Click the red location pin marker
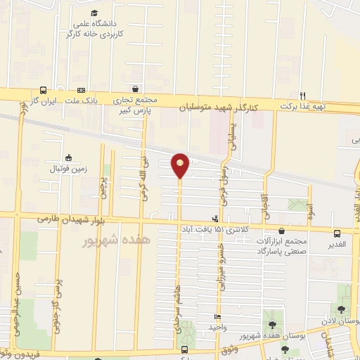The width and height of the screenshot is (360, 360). tap(180, 165)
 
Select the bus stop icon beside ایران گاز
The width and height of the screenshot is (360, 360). tap(44, 91)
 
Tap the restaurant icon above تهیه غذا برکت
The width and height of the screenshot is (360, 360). tap(303, 96)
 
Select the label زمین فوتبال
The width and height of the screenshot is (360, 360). tap(68, 169)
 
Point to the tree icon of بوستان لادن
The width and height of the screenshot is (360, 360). tap(341, 309)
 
